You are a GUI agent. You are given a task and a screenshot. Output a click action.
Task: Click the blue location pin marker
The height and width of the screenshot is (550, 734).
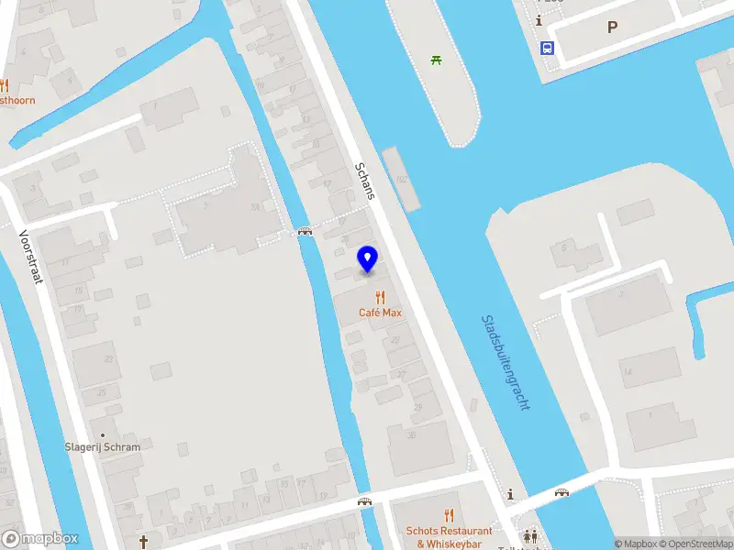coord(368,259)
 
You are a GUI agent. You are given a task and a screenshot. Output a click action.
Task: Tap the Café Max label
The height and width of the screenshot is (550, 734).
coord(380,313)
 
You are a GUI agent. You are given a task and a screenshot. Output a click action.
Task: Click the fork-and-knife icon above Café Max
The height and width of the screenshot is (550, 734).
coord(380,296)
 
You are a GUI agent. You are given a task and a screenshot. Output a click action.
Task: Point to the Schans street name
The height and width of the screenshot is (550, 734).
coord(365,181)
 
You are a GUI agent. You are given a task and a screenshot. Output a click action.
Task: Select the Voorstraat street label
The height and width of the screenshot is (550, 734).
coord(31,256)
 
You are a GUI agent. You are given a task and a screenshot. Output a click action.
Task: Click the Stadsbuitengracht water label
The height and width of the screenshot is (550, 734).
coord(506,363)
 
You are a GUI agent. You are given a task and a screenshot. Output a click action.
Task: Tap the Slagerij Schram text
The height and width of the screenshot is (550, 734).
coord(103,447)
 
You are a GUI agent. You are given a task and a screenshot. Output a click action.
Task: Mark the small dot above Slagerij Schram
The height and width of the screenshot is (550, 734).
coord(103,434)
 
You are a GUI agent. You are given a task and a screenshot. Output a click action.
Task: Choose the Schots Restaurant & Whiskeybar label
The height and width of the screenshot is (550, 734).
coord(449,537)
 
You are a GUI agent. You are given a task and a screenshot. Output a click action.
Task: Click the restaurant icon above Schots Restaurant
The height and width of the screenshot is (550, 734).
coord(449,515)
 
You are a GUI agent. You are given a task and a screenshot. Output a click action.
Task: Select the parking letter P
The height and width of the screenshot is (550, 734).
coord(612,27)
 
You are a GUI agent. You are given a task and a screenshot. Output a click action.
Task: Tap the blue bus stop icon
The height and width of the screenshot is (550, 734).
coord(547,49)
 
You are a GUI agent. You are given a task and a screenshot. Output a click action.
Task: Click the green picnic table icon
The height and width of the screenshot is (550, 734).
coord(437,60)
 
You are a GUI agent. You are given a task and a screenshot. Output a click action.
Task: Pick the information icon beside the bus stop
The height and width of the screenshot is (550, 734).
coord(539,21)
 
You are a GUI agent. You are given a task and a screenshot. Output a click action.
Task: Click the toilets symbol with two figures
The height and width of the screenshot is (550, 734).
coord(530,536)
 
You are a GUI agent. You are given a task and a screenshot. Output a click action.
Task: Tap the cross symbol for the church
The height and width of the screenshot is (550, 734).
coord(143,541)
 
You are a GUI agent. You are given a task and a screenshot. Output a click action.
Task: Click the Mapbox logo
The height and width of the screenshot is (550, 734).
coord(40,539)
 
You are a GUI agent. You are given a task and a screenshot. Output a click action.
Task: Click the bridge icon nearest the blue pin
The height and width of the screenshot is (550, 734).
coord(305,232)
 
